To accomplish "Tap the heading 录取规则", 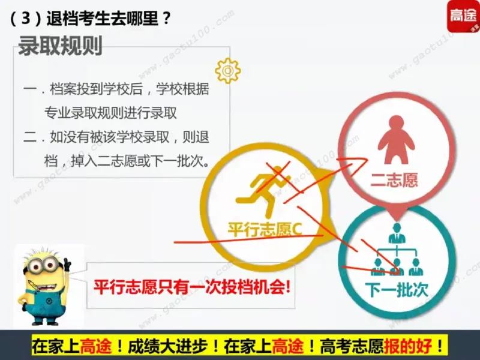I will pos(60,46).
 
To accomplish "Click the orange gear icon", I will pos(227,70).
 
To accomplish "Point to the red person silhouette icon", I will pos(394,140).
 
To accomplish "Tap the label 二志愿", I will pos(394,179).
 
